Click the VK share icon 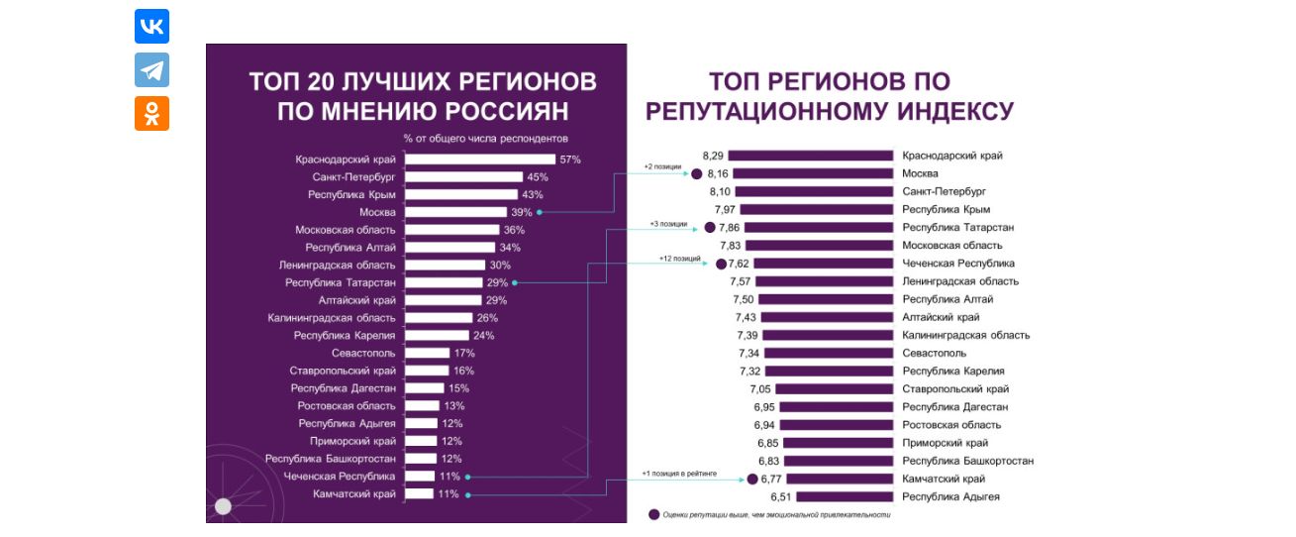151,27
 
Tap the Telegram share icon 151,70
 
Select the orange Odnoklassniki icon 151,113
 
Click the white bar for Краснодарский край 479,160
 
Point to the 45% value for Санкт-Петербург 538,177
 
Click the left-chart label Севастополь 363,353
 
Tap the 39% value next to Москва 522,212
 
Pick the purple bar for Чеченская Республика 812,264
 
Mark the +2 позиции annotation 662,167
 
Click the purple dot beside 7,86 709,228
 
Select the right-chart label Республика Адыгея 950,496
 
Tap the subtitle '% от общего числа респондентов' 485,138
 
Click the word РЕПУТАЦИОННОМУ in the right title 766,111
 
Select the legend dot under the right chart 653,514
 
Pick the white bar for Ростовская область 422,405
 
